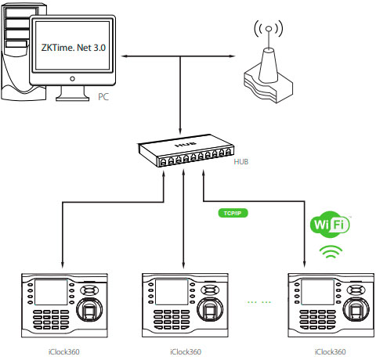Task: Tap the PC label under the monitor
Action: click(104, 97)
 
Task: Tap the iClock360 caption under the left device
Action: click(63, 352)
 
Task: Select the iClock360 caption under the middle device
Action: click(185, 352)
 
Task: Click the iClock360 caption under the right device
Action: click(330, 352)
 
